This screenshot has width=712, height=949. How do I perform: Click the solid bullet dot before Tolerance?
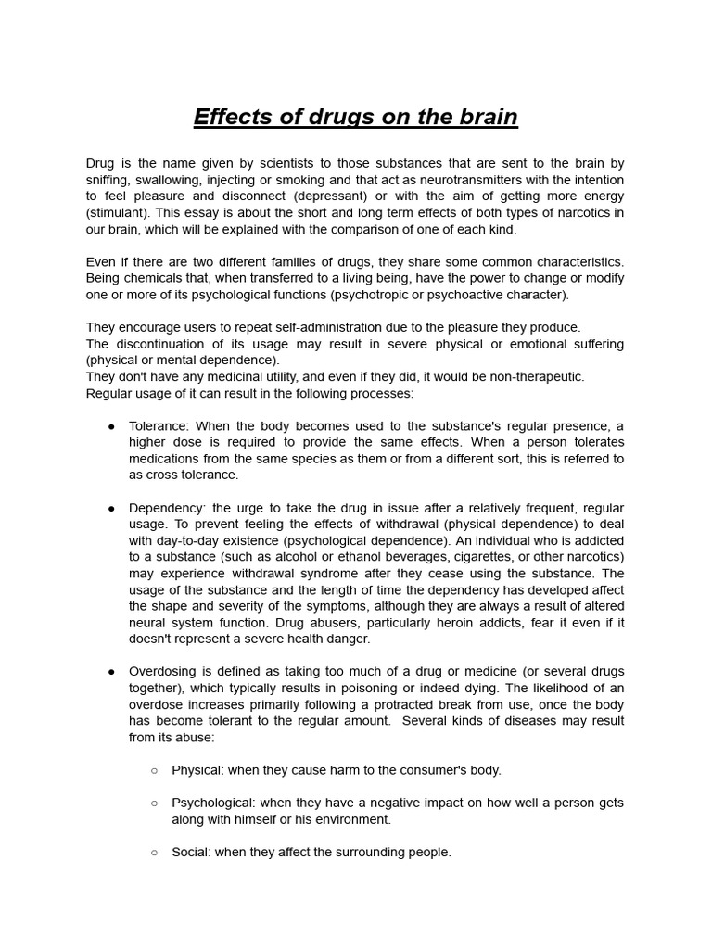111,426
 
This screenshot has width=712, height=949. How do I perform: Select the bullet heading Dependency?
168,508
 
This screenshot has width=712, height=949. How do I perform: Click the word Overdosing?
162,671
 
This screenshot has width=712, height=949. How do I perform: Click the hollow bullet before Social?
154,852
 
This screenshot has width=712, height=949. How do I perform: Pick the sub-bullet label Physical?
196,769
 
